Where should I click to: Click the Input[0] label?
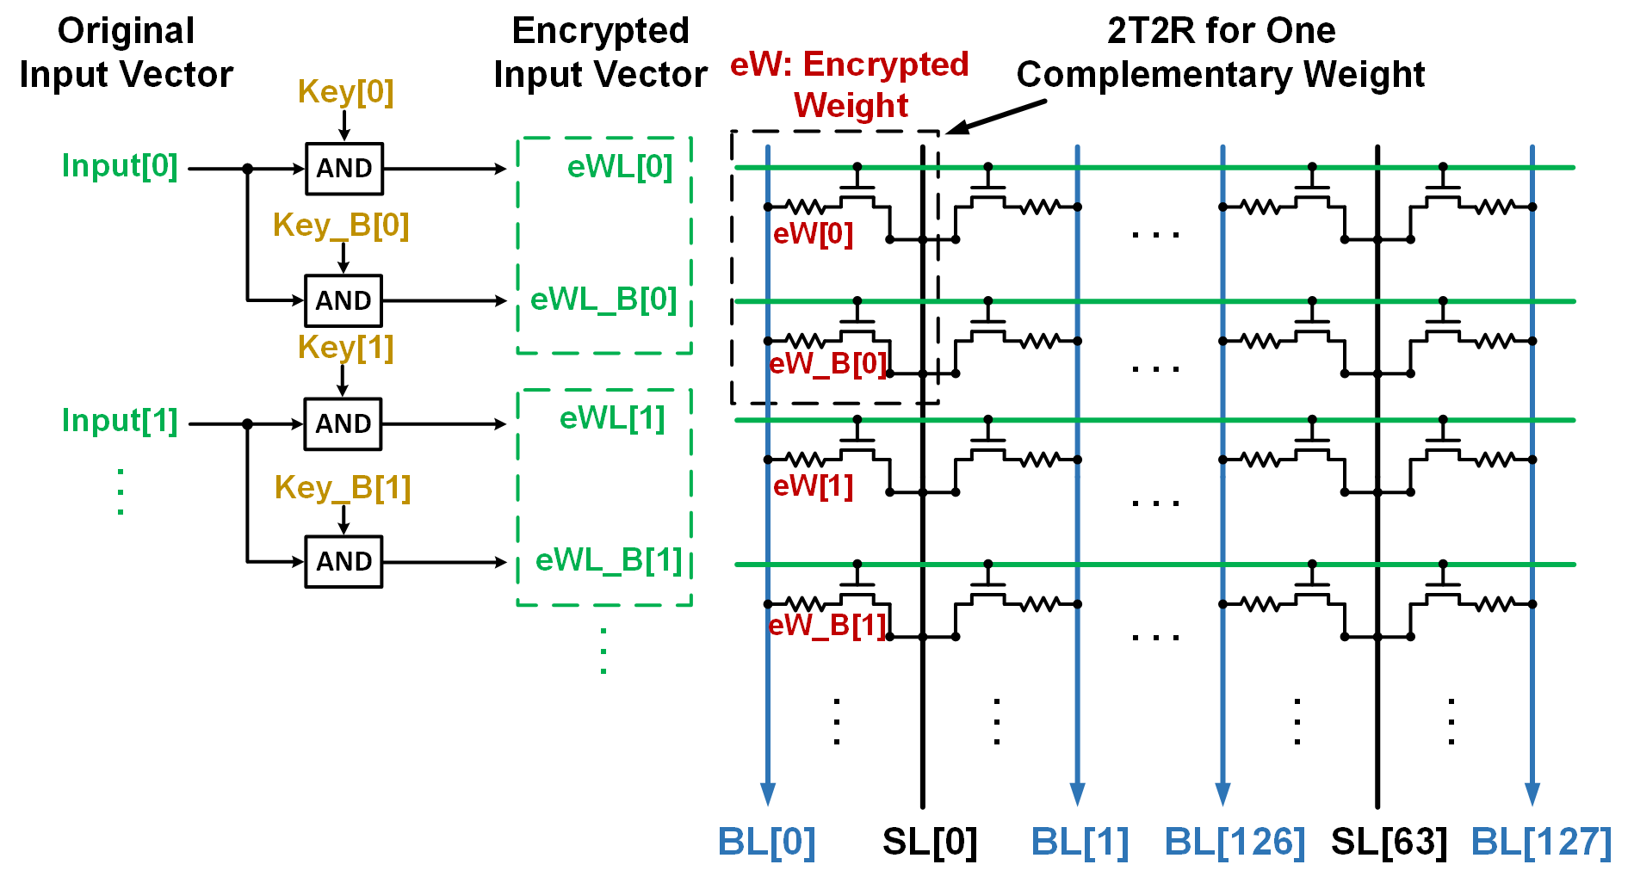120,165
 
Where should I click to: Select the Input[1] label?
120,420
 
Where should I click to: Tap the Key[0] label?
345,91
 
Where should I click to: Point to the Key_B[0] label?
341,225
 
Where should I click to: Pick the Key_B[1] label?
343,487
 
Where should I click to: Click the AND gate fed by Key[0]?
344,169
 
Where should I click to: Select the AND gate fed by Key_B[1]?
344,562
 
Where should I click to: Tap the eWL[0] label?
619,166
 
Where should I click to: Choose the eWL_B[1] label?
609,560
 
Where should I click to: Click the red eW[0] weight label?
813,234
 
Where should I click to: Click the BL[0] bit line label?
766,842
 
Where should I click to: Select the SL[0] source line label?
930,842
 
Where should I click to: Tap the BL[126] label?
1235,842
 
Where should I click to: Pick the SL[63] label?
1389,842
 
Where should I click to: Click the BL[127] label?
1541,842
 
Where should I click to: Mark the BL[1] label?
1080,842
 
